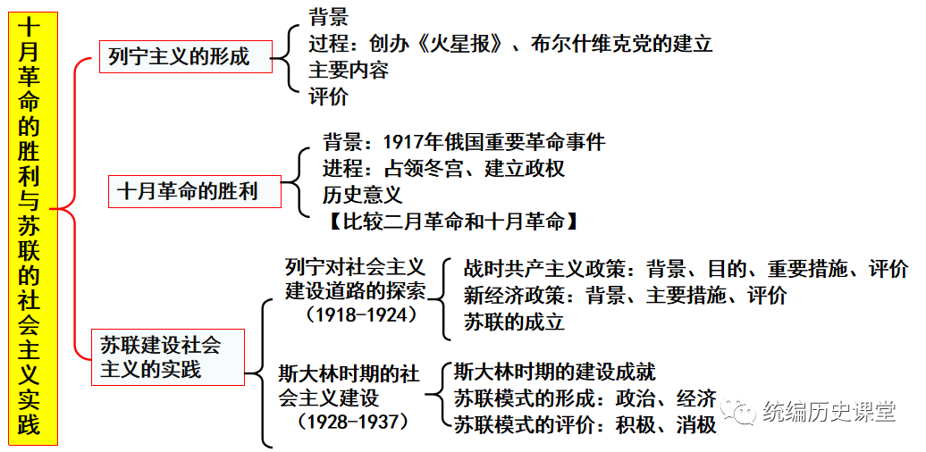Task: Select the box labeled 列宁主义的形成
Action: [x=185, y=56]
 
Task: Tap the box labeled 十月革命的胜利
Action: [x=194, y=191]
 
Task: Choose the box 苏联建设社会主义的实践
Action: [x=168, y=357]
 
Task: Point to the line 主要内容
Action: [x=349, y=71]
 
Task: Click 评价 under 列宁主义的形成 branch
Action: [x=328, y=96]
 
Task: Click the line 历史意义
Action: [x=363, y=194]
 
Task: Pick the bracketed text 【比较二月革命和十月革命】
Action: [x=452, y=221]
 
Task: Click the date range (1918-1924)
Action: [x=362, y=314]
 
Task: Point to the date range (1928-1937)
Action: [x=353, y=422]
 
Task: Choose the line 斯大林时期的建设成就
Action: [x=554, y=372]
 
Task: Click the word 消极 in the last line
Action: [x=697, y=424]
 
